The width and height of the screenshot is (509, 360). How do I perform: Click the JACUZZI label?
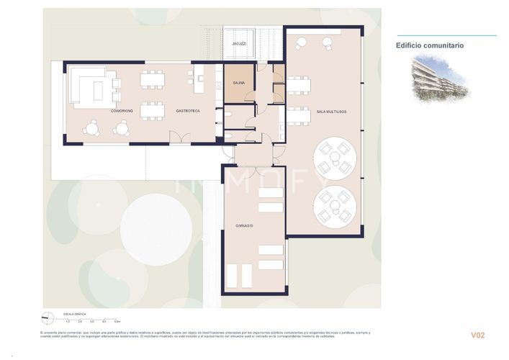pos(239,45)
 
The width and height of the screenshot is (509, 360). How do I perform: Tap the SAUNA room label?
pos(238,83)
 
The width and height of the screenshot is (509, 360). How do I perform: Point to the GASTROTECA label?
pos(187,111)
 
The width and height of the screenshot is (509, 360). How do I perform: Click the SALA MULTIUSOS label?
pos(332,111)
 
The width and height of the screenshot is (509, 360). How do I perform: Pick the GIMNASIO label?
pos(243,225)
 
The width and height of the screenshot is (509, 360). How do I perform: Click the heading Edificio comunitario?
pos(430,45)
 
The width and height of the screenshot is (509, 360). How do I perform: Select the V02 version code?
pos(478,335)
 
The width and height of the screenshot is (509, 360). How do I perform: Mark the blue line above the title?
pos(446,35)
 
